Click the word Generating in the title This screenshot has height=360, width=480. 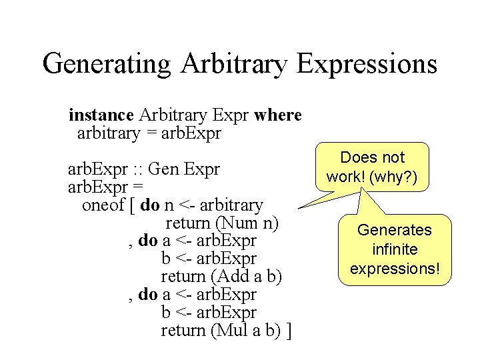coord(107,65)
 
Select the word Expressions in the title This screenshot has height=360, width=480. coord(367,65)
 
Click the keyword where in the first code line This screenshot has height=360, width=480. coord(278,115)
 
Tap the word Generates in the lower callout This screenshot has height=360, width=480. coord(395,230)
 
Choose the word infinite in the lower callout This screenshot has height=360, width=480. coord(395,249)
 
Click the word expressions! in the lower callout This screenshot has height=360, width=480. coord(395,269)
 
